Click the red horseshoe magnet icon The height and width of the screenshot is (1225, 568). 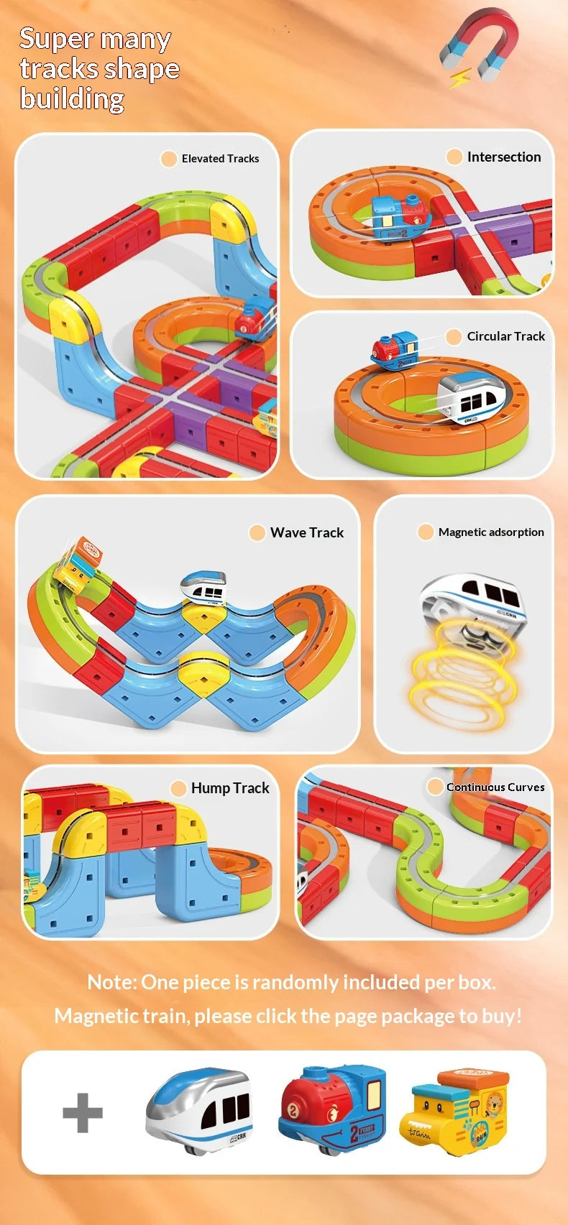point(479,47)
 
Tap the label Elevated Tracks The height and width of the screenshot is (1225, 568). point(220,159)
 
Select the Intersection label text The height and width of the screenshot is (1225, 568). point(503,157)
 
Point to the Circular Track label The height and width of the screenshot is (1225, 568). point(505,336)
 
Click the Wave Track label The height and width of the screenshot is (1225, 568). point(307,532)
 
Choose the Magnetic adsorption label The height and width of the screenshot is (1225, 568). point(491,532)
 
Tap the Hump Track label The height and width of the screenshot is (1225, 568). point(230,788)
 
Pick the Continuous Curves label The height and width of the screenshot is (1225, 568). point(495,787)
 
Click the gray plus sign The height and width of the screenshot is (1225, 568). point(83,1112)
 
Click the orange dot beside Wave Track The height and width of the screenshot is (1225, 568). point(257,532)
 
